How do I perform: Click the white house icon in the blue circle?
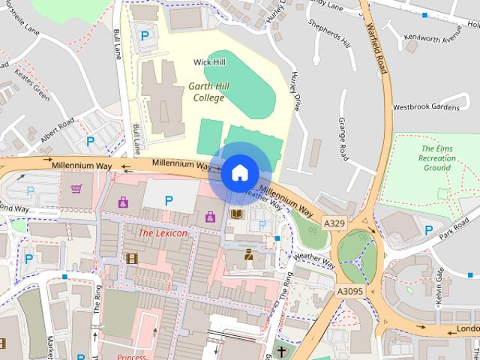238,172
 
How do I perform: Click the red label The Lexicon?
162,233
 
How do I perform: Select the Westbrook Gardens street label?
425,107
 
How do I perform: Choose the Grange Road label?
343,138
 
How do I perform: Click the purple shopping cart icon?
76,188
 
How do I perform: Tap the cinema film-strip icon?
133,259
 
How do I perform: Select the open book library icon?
236,215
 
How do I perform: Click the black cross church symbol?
281,352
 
